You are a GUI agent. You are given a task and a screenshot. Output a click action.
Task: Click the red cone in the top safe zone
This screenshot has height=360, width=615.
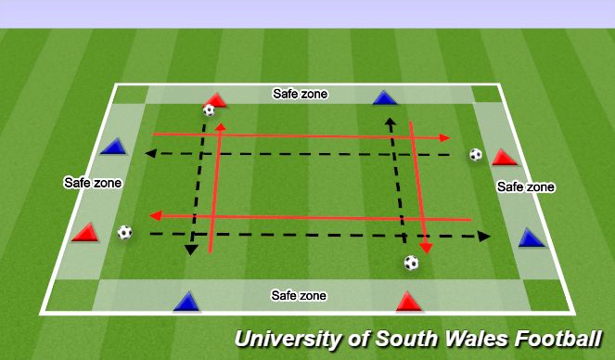(216, 99)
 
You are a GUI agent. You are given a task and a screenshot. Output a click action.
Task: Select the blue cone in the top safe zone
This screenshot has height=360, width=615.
(384, 97)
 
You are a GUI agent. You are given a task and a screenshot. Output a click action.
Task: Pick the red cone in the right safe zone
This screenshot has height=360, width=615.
(504, 157)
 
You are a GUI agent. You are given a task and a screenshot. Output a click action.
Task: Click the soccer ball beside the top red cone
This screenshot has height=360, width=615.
(209, 110)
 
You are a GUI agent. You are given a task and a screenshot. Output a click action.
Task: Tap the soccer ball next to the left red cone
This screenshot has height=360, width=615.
(125, 232)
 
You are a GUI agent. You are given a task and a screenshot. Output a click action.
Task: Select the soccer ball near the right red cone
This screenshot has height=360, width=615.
(475, 155)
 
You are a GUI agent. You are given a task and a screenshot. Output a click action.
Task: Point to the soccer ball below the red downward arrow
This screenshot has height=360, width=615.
(411, 263)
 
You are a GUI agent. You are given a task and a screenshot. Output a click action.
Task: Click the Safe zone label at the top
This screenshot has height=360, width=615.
(299, 94)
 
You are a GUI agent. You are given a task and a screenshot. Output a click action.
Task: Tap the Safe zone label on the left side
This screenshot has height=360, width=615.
(92, 183)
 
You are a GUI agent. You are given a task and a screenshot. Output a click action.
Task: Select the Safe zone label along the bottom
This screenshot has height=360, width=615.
(299, 295)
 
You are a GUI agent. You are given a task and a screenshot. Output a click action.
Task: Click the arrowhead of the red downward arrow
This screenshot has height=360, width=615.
(426, 248)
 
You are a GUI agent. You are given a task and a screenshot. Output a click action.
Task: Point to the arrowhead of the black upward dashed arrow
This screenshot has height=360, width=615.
(391, 121)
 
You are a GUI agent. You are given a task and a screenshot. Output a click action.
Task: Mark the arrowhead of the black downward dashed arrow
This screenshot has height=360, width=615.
(190, 249)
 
